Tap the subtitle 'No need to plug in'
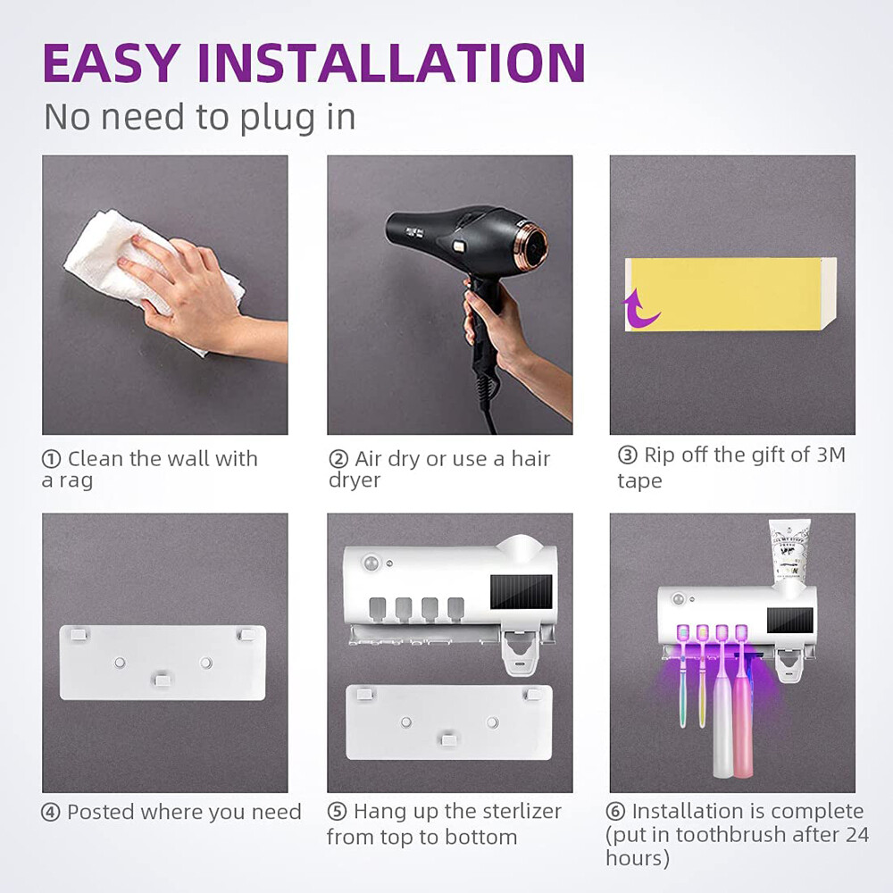tap(200, 117)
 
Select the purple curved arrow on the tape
tap(639, 308)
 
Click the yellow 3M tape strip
tap(728, 295)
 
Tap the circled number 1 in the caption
tap(52, 460)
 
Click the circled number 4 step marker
tap(52, 813)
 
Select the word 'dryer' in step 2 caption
tap(355, 480)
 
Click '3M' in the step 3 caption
tap(830, 455)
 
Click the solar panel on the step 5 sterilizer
tap(521, 592)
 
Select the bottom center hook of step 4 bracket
tap(163, 680)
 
